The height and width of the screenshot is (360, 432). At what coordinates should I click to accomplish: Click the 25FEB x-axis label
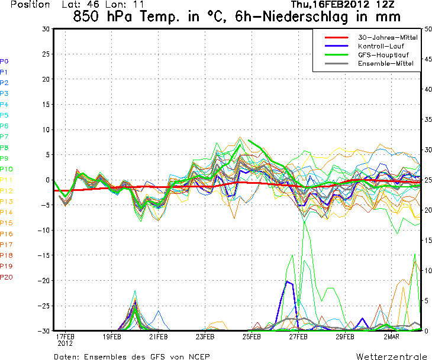(252, 337)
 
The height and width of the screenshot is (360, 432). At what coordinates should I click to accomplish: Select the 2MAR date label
(391, 337)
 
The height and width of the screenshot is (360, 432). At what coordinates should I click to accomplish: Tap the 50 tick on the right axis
(427, 29)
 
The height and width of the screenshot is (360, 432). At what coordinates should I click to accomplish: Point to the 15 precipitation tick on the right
(427, 241)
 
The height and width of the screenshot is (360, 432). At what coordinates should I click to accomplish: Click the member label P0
(4, 61)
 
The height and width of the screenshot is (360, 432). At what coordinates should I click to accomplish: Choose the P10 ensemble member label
(7, 169)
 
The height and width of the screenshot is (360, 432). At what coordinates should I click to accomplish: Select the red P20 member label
(7, 277)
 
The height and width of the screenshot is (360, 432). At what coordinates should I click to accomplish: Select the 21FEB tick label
(158, 337)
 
